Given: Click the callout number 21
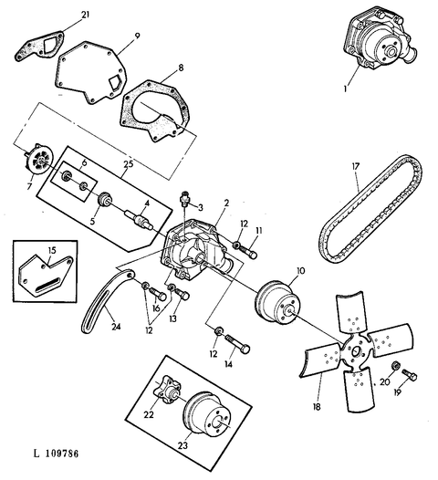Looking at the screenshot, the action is point(86,15).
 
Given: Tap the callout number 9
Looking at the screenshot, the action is point(137,36).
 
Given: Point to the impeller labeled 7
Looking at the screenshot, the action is point(38,160).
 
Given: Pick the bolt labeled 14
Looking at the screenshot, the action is point(238,344).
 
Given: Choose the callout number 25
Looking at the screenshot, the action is point(129,164).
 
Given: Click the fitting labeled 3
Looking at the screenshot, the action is point(184,197).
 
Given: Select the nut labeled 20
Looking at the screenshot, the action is point(395,365).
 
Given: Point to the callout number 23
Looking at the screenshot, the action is point(182,445).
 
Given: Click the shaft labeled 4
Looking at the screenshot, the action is point(141,221).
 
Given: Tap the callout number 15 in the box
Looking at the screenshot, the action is point(52,250).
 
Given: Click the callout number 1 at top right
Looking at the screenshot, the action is point(345,89).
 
